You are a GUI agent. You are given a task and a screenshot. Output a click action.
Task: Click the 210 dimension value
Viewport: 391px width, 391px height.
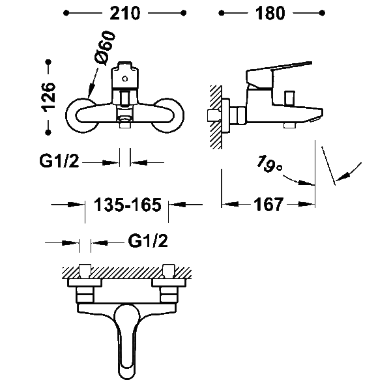(125, 13)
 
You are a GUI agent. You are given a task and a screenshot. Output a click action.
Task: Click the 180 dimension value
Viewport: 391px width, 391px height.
(270, 13)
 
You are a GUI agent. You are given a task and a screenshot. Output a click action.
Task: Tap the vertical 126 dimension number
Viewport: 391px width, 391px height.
(49, 97)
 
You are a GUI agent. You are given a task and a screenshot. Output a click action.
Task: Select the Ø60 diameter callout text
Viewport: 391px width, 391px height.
(105, 49)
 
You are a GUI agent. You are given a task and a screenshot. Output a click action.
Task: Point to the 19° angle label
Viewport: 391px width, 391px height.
(269, 164)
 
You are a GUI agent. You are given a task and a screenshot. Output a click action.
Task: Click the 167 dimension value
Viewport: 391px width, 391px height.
(268, 205)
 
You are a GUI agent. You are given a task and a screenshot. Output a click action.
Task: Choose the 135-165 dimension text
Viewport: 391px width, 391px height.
(128, 205)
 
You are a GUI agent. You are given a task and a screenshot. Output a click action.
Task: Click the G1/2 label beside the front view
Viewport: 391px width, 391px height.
(59, 161)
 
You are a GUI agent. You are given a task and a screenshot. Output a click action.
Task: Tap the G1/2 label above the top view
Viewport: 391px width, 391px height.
(148, 241)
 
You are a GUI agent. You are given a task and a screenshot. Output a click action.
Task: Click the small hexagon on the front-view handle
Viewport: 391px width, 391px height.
(124, 79)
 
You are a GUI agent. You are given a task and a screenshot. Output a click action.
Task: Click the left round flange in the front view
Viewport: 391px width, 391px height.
(81, 115)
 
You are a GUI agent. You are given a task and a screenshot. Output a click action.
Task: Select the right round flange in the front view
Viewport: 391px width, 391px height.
(168, 115)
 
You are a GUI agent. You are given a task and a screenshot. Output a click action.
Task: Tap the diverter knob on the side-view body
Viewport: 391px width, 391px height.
(290, 98)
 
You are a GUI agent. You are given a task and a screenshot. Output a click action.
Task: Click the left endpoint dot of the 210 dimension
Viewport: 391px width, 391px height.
(66, 13)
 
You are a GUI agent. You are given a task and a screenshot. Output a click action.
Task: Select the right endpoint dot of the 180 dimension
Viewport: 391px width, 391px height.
(322, 13)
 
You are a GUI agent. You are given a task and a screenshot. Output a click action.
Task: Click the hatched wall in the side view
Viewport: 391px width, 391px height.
(216, 117)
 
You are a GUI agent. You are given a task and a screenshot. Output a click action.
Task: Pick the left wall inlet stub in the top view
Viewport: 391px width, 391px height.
(85, 271)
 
